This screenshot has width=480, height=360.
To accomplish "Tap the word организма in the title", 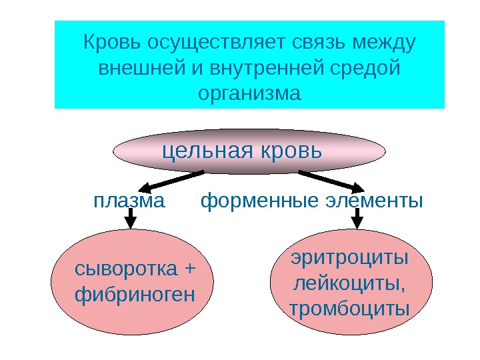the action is tap(250, 92).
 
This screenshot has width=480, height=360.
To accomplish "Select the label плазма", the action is tap(129, 200).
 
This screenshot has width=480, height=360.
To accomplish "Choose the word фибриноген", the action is tap(135, 293).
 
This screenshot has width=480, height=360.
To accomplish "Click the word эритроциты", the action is tap(350, 258).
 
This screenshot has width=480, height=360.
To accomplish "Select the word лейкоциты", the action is tap(349, 283).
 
